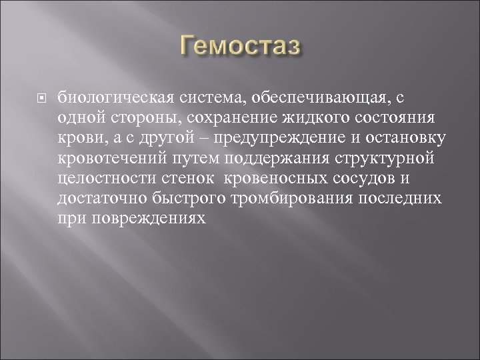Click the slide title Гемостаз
[x=239, y=48]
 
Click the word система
[x=203, y=98]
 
